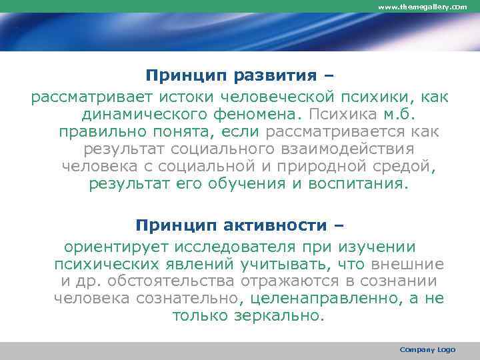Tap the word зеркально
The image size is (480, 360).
point(279,315)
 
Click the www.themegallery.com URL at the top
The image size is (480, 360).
point(423,7)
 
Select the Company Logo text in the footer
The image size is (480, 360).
point(427,349)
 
